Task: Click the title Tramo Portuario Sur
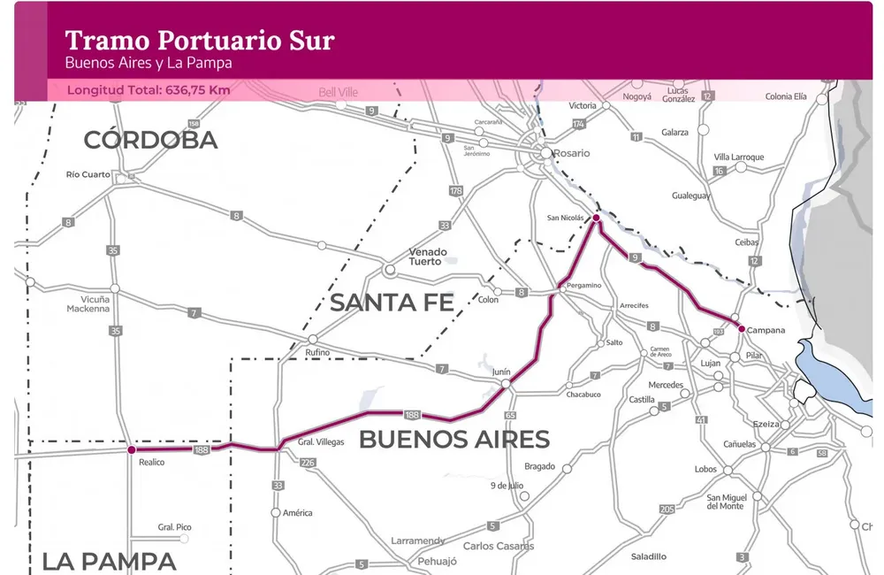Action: pos(200,40)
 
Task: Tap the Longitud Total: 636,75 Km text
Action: pos(149,90)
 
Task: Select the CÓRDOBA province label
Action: pos(150,140)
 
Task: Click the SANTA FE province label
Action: pos(392,303)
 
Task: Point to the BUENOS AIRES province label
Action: pos(453,439)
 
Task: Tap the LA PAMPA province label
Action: pos(109,561)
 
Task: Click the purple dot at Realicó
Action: pos(132,449)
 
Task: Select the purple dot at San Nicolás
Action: pos(596,218)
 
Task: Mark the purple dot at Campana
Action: pos(741,328)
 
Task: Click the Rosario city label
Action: pos(571,153)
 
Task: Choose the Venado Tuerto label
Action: pos(427,257)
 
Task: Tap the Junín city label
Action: pos(501,372)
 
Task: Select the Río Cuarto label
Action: pos(88,174)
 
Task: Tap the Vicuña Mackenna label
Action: pos(89,304)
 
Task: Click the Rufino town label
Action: pos(317,353)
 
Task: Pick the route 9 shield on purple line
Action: pos(635,257)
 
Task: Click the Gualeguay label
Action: pos(690,195)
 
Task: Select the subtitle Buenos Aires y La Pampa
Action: pos(149,64)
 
